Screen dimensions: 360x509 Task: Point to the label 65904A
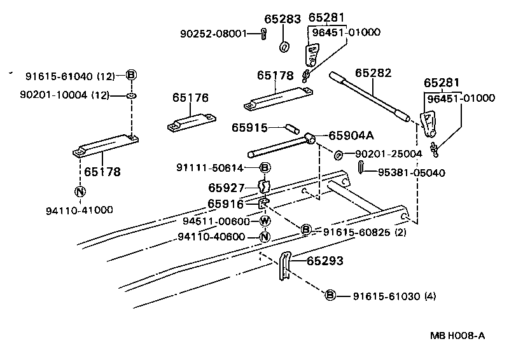click(351, 135)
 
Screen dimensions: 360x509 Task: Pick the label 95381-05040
click(412, 172)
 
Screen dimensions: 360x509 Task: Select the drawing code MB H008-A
click(457, 335)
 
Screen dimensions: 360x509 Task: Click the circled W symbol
click(265, 221)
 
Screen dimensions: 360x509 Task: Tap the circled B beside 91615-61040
click(131, 76)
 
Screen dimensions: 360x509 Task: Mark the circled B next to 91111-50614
click(265, 168)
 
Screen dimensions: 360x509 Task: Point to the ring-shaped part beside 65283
click(283, 47)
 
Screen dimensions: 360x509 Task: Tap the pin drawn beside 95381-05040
click(361, 167)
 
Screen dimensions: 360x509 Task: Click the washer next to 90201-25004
click(338, 155)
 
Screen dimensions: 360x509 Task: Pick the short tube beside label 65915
click(291, 128)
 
